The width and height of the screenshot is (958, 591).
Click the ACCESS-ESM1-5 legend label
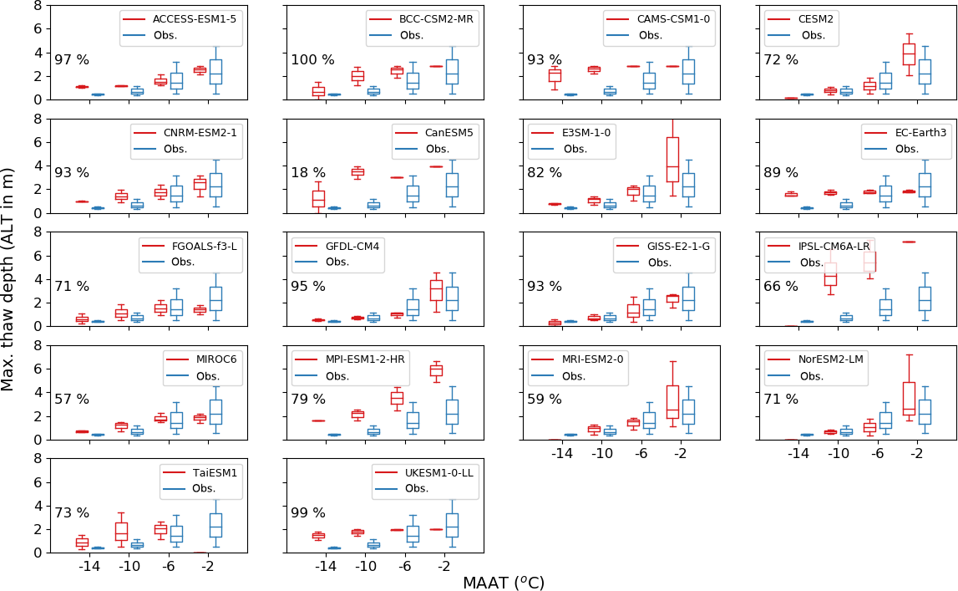188,18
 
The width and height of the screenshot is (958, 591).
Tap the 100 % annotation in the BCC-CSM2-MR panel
312,60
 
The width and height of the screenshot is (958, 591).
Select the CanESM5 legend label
450,132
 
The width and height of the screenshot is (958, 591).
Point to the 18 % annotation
308,173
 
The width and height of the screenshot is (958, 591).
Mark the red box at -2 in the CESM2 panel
909,54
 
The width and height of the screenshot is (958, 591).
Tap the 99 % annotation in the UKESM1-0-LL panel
308,512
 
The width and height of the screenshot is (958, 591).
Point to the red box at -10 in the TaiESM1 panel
121,531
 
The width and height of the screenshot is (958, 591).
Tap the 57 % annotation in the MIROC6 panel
72,400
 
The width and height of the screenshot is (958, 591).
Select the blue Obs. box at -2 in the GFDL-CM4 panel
453,298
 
